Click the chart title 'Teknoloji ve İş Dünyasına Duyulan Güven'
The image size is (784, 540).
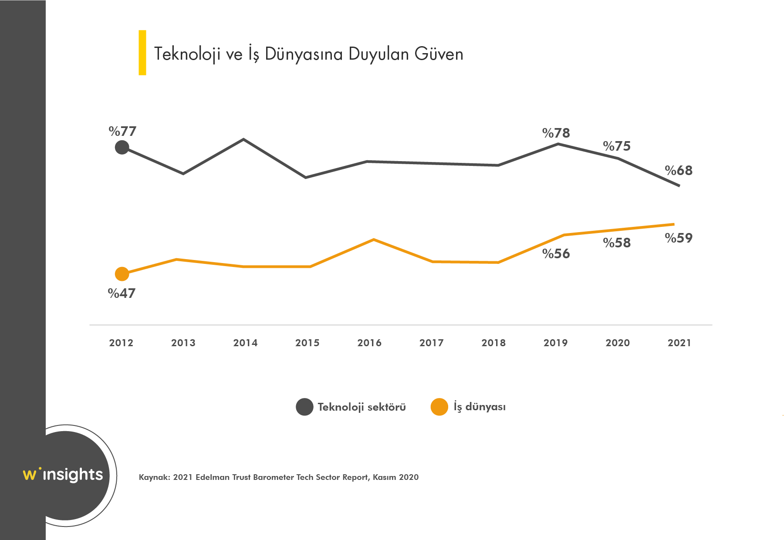308,54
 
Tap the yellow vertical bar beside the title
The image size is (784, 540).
142,53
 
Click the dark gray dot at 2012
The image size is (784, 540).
122,147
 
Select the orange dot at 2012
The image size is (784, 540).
122,274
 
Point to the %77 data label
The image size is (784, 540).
122,131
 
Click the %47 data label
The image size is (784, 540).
122,294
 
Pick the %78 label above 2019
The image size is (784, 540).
556,133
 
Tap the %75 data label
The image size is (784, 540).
617,146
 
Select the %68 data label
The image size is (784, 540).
679,170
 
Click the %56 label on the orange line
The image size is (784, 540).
556,253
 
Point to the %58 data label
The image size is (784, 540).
617,243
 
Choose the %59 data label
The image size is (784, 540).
679,238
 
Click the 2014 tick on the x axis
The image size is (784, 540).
245,343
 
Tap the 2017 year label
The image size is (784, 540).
431,343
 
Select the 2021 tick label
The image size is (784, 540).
679,343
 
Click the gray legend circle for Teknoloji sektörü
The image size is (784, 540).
304,407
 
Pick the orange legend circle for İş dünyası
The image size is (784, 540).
439,407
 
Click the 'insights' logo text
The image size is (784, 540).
73,474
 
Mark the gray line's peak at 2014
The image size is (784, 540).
243,139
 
